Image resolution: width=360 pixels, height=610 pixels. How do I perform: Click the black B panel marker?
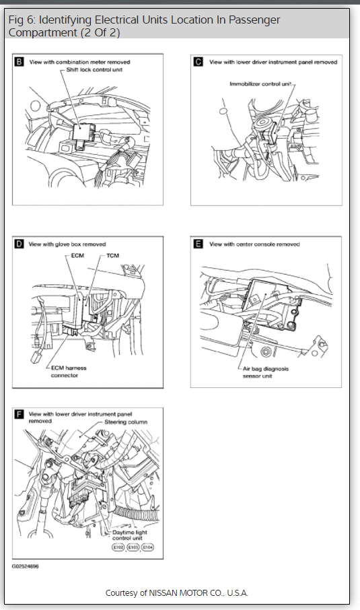(19, 61)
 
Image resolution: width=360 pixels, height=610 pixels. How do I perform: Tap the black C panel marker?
(199, 61)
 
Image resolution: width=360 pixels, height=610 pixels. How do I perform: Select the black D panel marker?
(19, 244)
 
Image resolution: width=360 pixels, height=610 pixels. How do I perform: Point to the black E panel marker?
(199, 244)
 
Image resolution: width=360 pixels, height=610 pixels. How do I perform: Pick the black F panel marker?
(19, 414)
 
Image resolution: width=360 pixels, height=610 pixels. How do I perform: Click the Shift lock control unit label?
(94, 69)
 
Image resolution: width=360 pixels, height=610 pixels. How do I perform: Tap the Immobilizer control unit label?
(260, 83)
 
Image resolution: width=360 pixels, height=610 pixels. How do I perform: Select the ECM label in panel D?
(77, 256)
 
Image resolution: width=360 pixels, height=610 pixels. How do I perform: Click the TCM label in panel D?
(112, 256)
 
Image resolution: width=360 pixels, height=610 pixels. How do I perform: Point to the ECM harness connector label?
(69, 372)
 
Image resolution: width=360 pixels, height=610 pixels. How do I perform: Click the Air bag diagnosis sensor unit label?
(266, 372)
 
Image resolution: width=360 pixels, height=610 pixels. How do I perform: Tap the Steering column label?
(126, 421)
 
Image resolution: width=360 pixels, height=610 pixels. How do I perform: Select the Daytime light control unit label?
(129, 535)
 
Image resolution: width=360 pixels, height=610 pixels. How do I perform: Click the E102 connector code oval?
(118, 547)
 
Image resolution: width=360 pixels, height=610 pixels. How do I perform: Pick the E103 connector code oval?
(133, 547)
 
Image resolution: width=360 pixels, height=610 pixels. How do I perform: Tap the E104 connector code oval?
(148, 547)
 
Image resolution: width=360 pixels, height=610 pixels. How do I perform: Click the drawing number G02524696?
(26, 566)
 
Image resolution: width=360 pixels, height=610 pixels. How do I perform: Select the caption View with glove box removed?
(67, 244)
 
